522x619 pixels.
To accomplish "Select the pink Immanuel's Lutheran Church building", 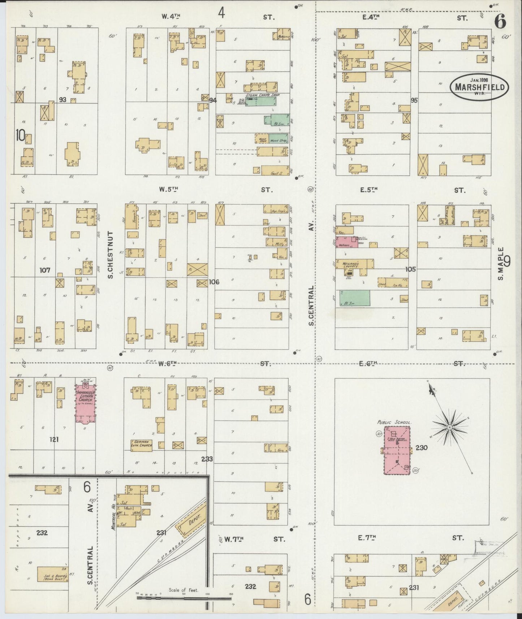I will pos(86,403).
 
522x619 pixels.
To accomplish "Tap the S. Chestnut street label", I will pos(111,255).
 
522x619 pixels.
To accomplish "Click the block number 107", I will pos(46,270).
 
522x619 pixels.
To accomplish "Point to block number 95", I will pos(414,100).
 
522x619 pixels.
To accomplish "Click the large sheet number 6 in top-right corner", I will pos(500,22).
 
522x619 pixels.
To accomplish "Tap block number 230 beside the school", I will pos(422,448).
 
